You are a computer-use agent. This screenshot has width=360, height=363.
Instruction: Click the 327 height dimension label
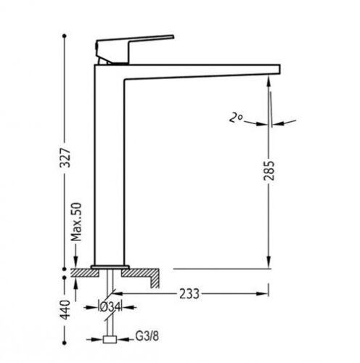(65, 158)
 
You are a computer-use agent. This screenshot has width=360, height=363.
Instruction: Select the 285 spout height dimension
(269, 170)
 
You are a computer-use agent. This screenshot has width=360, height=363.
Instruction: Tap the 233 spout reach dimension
(189, 294)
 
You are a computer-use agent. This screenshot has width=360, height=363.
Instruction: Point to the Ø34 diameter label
(110, 307)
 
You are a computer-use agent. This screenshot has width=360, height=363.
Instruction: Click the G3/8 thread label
(147, 336)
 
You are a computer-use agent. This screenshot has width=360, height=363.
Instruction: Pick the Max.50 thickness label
(76, 222)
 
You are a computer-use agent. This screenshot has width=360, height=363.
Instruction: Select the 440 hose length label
(65, 310)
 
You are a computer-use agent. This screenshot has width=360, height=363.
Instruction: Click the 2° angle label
(236, 118)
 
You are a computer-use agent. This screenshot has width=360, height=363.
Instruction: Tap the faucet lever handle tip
(173, 37)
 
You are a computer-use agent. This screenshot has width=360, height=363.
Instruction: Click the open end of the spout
(279, 69)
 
